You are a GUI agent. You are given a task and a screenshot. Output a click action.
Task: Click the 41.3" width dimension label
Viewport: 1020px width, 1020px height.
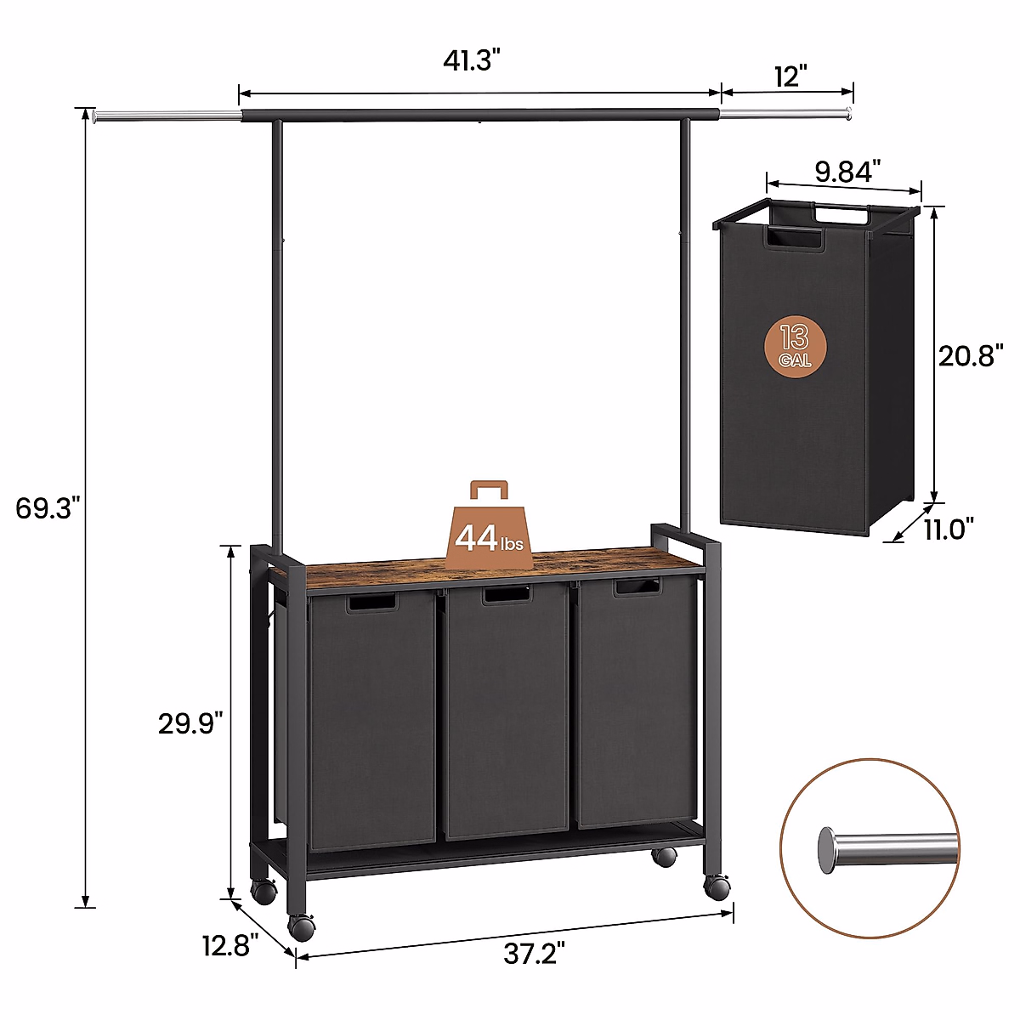pyautogui.click(x=471, y=61)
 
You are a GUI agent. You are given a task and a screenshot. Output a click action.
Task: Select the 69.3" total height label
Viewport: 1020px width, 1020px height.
pyautogui.click(x=48, y=508)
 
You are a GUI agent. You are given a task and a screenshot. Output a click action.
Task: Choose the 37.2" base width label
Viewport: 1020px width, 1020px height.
pyautogui.click(x=534, y=954)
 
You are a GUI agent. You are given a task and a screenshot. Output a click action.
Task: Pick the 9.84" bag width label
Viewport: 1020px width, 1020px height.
pyautogui.click(x=843, y=172)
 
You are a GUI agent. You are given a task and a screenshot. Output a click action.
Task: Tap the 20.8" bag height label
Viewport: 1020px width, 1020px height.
pyautogui.click(x=971, y=355)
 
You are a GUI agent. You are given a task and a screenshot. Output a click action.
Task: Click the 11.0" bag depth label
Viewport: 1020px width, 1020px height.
pyautogui.click(x=949, y=530)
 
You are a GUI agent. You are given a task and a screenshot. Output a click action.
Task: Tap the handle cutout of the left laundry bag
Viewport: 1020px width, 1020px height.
pyautogui.click(x=371, y=603)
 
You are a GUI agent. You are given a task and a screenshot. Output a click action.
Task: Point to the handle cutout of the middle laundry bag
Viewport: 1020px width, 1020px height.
pyautogui.click(x=507, y=596)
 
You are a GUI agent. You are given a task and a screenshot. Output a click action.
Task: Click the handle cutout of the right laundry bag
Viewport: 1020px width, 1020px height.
pyautogui.click(x=637, y=587)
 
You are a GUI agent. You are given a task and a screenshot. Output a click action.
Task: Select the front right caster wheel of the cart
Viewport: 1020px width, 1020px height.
pyautogui.click(x=717, y=887)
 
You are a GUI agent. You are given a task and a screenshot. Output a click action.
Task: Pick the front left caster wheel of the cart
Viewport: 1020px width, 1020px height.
pyautogui.click(x=301, y=926)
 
